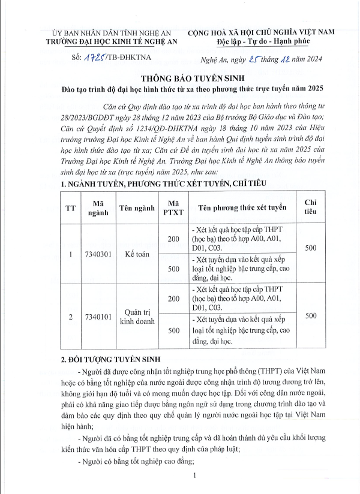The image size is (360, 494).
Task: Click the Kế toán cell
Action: click(x=137, y=254)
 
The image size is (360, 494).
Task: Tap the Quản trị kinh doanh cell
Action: click(x=137, y=316)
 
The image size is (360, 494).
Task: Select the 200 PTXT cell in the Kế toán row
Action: click(x=173, y=239)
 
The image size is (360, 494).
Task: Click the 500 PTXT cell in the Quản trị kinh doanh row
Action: click(x=173, y=330)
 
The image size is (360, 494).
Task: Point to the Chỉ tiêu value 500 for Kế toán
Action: click(x=311, y=248)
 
